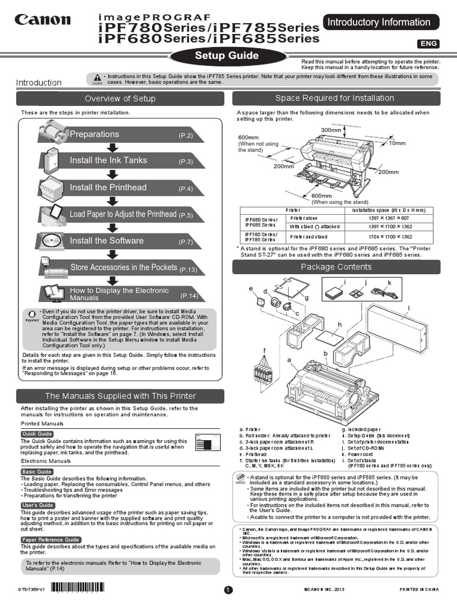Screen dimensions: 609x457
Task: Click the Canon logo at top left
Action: (43, 20)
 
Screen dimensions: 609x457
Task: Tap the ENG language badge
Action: (428, 43)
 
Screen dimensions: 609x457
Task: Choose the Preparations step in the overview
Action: (95, 134)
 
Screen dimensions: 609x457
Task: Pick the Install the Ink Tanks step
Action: (108, 161)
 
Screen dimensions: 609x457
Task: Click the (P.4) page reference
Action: (186, 189)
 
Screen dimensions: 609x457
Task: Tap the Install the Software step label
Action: (107, 241)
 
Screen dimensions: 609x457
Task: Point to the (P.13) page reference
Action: (188, 269)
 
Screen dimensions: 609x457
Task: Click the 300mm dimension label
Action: (331, 130)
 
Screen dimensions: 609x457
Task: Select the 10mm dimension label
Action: (397, 144)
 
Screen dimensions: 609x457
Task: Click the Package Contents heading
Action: (336, 267)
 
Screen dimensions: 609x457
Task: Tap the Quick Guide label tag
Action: (37, 434)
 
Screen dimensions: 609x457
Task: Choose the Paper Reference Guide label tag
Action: (51, 539)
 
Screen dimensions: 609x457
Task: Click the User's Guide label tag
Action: (37, 505)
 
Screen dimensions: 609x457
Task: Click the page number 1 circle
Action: (227, 590)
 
